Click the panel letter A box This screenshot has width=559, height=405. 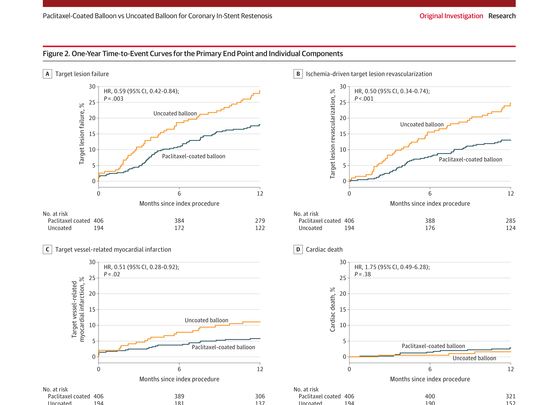click(47, 74)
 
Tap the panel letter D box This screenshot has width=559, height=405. click(298, 249)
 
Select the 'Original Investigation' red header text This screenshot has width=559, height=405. click(451, 16)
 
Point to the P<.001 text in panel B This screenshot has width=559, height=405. click(364, 99)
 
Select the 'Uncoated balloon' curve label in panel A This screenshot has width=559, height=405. click(175, 113)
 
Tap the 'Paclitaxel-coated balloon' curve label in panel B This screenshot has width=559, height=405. click(470, 159)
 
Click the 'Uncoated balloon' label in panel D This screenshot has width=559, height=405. click(474, 358)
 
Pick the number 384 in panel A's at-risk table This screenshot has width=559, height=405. click(179, 221)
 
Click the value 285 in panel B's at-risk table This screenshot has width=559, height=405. click(510, 221)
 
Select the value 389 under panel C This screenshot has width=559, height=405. click(179, 396)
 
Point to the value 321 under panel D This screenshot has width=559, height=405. click(510, 396)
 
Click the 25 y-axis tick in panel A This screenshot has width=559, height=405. click(92, 102)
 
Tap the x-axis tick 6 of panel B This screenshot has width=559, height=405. click(430, 194)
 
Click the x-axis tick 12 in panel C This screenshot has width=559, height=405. click(260, 369)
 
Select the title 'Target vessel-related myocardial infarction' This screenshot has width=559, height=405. click(113, 249)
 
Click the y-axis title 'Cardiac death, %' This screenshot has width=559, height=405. click(332, 309)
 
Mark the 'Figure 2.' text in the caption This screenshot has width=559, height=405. click(56, 54)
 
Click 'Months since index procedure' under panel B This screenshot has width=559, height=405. click(430, 203)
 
